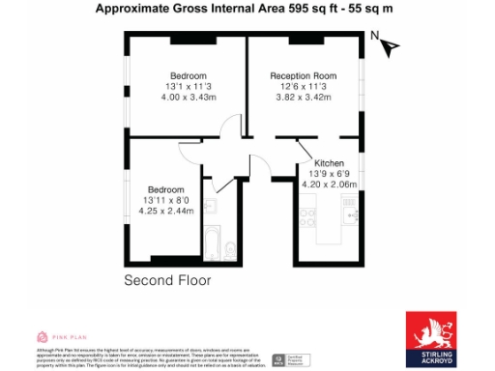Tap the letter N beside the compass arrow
point(375,36)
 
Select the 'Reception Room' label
point(303,75)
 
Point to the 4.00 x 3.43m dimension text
point(189,98)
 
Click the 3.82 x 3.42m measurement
point(304,98)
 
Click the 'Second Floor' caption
point(167,280)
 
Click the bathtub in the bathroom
point(213,244)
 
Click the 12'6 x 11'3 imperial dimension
point(303,87)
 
